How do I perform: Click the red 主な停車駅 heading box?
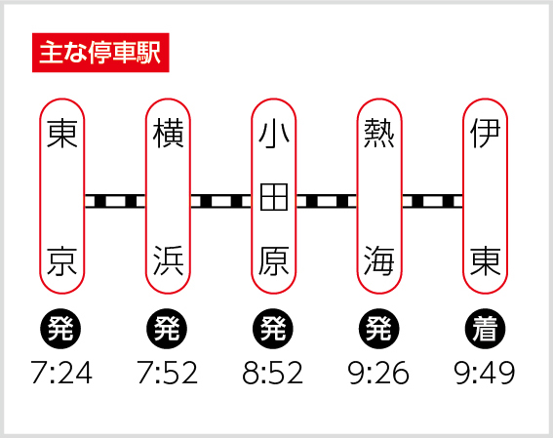point(100,53)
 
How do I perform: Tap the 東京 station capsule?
point(62,196)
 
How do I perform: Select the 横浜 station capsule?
point(168,196)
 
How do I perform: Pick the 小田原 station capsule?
point(274,196)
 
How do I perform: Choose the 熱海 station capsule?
point(379,196)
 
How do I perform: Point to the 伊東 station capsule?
point(486,196)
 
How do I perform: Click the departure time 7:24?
point(61,373)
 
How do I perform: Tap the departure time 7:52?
point(168,373)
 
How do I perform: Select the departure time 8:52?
point(273,373)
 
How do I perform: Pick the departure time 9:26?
point(378,373)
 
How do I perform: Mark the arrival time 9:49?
point(485,373)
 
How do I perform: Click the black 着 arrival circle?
point(485,329)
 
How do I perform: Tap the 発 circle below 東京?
point(60,329)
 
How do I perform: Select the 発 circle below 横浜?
point(167,329)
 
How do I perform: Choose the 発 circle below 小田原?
point(273,329)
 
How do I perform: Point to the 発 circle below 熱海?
point(379,329)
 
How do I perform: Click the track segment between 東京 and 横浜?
point(115,201)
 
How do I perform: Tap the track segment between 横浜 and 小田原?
point(220,201)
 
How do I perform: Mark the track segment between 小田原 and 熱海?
point(327,201)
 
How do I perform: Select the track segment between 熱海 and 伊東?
point(432,201)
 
